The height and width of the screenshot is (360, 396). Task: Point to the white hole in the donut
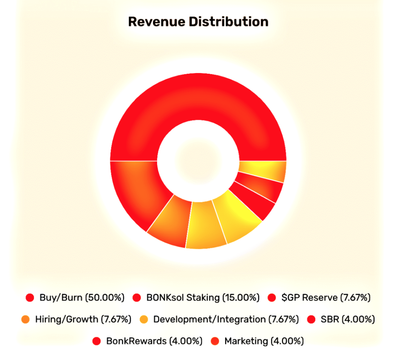click(198, 160)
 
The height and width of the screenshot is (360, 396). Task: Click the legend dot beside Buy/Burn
click(30, 298)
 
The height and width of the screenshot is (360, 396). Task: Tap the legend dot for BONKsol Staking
click(137, 298)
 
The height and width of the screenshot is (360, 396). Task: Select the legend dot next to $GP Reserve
click(272, 298)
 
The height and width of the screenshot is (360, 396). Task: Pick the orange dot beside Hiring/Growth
click(26, 319)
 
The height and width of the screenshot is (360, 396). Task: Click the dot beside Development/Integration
click(144, 319)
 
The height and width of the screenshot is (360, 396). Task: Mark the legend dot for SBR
click(312, 319)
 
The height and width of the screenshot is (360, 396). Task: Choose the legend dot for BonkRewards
click(97, 341)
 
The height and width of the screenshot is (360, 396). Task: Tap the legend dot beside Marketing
click(215, 341)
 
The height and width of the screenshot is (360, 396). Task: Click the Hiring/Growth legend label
click(66, 319)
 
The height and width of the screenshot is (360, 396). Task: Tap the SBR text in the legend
click(327, 319)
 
